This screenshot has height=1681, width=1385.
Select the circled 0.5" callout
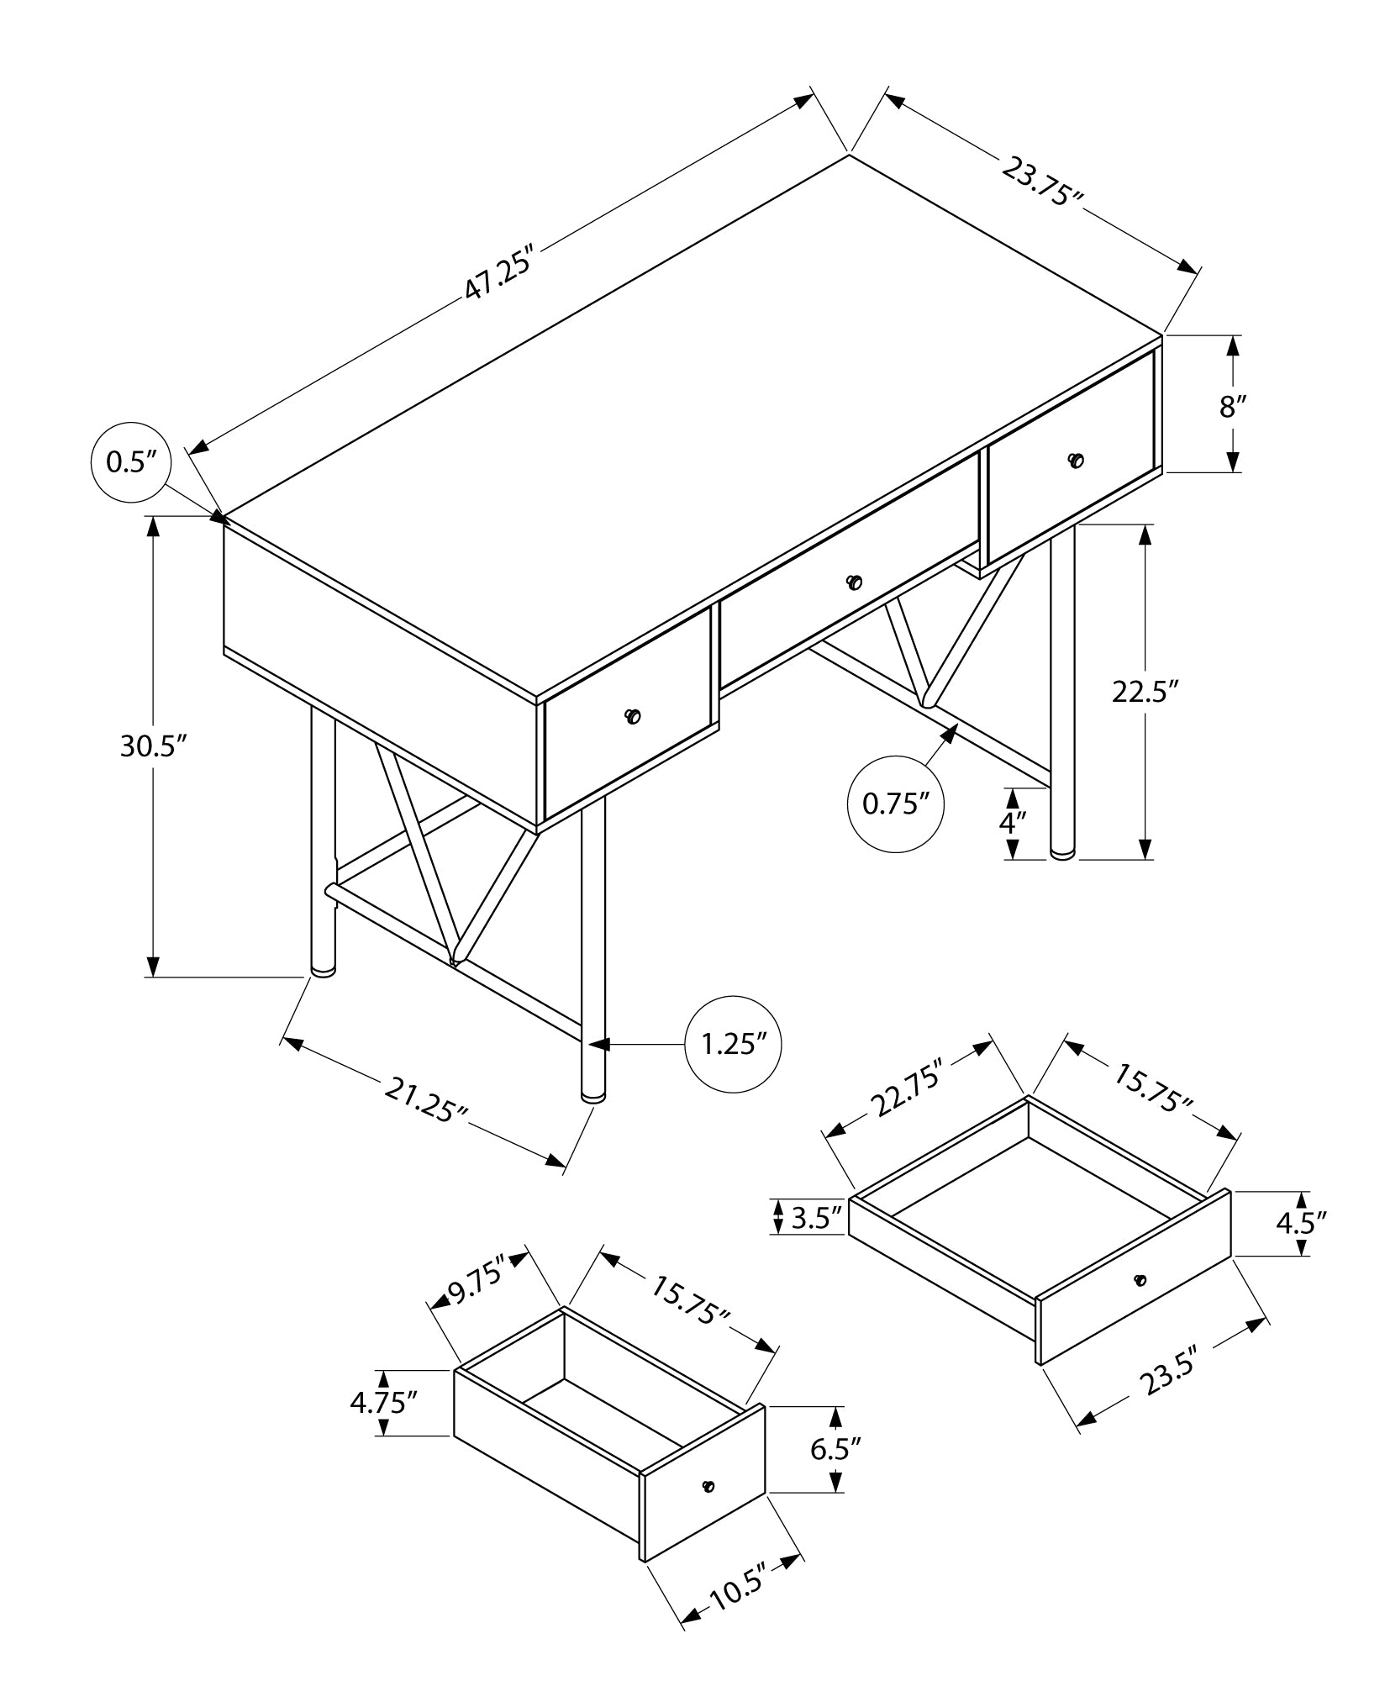132,462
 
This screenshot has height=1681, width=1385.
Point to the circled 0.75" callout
896,804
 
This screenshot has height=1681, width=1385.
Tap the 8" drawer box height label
1232,406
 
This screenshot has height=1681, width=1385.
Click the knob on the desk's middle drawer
855,582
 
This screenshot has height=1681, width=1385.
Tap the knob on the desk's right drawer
1076,460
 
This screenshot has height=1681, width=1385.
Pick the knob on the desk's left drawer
633,716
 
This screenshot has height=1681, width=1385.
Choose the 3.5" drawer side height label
816,1218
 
